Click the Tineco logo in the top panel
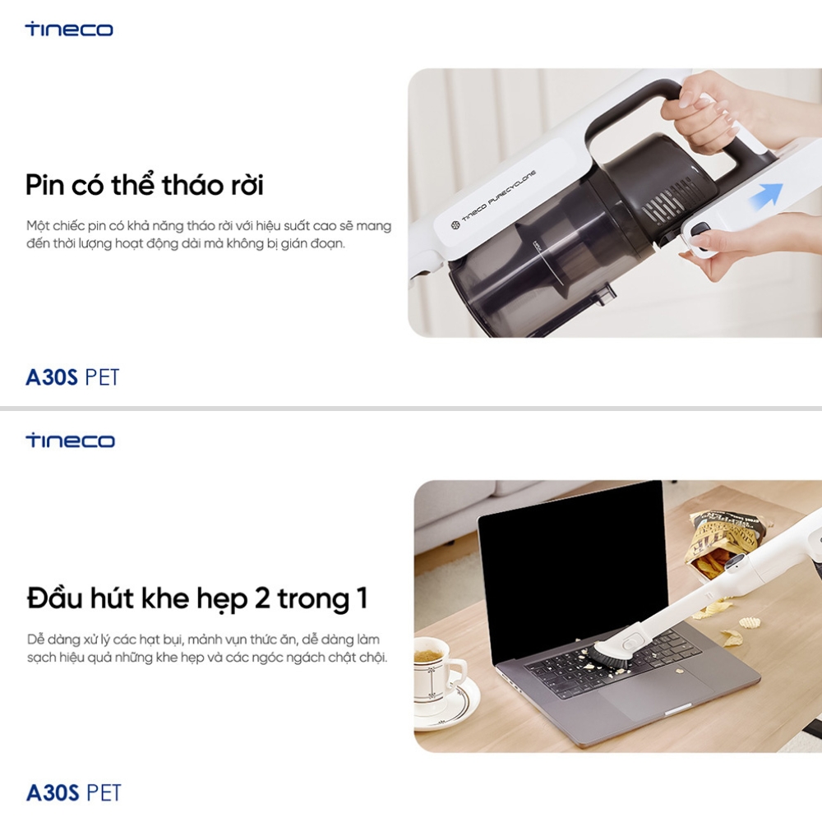69,29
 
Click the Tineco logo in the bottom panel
70,441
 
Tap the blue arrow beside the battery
766,196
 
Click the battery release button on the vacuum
700,230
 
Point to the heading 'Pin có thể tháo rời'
144,184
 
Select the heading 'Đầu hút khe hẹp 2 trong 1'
197,598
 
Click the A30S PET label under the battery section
72,377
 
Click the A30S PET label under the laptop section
73,792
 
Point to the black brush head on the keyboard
611,655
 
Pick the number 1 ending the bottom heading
361,598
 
